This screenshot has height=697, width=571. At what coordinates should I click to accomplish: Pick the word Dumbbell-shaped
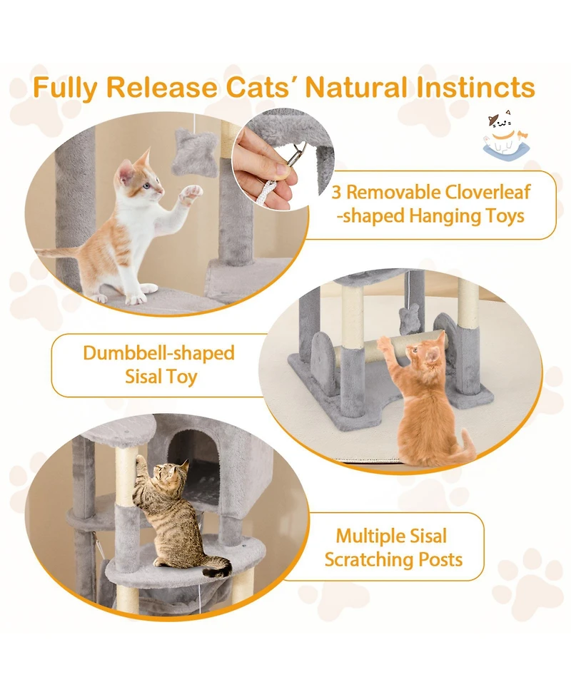click(x=158, y=353)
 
